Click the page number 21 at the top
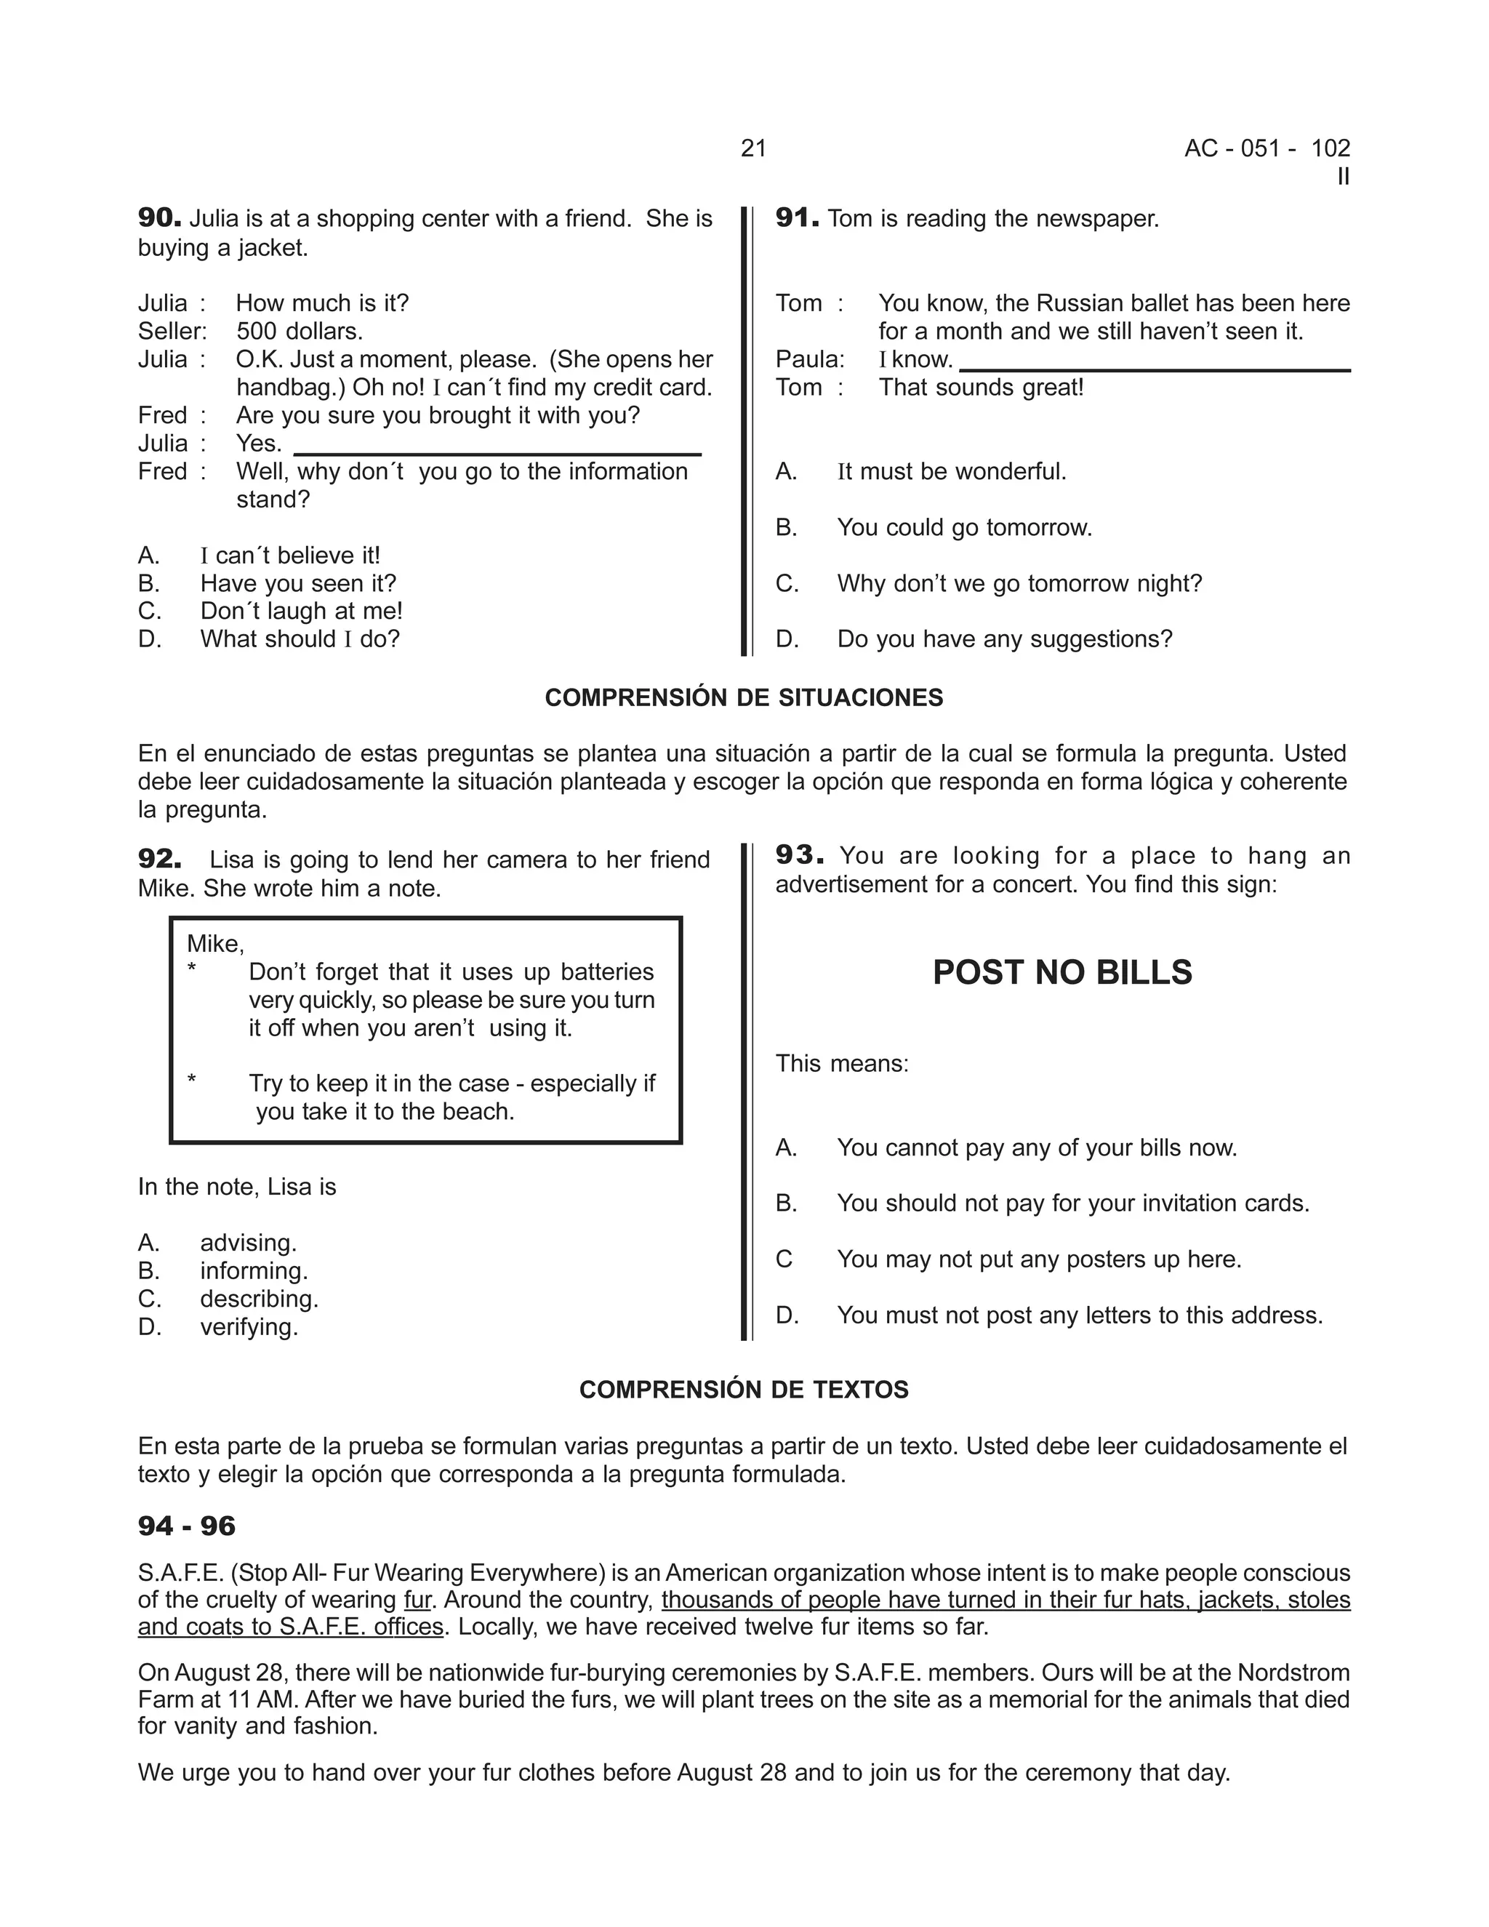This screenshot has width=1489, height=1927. coord(753,148)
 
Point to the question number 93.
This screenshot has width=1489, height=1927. coord(799,854)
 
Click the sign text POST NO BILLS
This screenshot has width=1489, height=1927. coord(1062,971)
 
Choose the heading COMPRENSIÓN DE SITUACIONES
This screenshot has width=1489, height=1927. coord(744,698)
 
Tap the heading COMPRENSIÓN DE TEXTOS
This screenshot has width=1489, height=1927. coord(744,1390)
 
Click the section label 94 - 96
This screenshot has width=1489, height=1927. coord(187,1526)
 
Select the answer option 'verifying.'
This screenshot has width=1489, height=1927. coord(249,1327)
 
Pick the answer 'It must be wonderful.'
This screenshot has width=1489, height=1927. coord(951,471)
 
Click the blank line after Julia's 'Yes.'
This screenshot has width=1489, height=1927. coord(497,452)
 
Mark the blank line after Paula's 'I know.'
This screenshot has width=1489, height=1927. coord(1154,368)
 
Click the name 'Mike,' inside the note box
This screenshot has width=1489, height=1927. coord(215,944)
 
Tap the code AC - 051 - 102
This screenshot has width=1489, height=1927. coord(1267,148)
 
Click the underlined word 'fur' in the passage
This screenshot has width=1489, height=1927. coord(417,1600)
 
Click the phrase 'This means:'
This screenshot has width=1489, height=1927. coord(841,1063)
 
